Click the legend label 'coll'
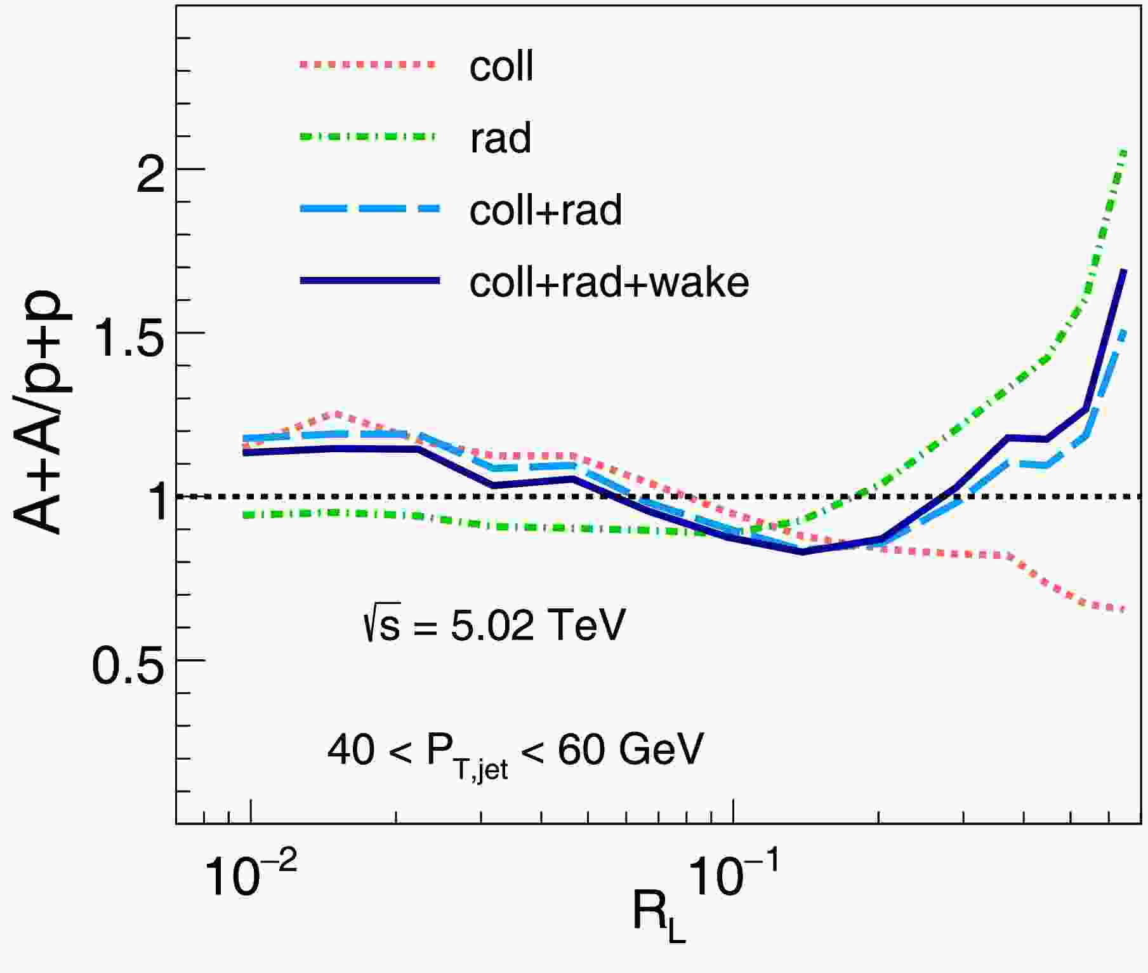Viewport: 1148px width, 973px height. tap(501, 66)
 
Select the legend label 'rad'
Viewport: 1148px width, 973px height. tap(500, 138)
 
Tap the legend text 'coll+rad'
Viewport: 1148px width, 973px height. tap(545, 210)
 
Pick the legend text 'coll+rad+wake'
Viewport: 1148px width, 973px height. tap(609, 282)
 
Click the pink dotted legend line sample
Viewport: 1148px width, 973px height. tap(369, 64)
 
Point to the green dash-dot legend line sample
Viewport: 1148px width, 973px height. tap(369, 136)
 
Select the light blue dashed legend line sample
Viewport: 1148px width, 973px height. tap(369, 208)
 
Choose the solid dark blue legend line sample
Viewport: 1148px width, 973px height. tap(369, 280)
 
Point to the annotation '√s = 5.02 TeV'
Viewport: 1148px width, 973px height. tap(494, 626)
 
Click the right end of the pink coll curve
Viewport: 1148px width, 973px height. tap(1124, 610)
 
